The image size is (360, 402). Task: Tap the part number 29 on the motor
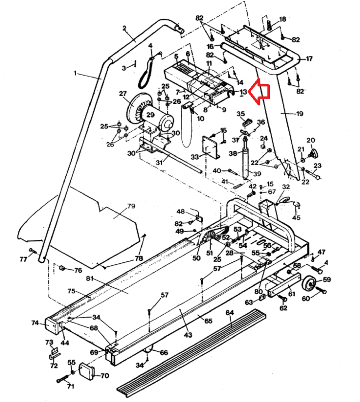pos(151,115)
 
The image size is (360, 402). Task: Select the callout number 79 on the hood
pos(131,206)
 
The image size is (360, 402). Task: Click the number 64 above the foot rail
pos(230,313)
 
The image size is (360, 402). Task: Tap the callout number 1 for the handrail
pos(75,73)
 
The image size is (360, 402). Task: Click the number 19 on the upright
pos(299,114)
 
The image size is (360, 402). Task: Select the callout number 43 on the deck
pos(188,335)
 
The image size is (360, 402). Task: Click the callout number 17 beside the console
pos(309,59)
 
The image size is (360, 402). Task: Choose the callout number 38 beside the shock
pos(233,153)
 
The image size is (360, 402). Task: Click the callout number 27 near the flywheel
pos(123,94)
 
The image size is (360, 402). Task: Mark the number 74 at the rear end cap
pos(35,323)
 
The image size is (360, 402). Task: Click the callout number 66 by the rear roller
pos(164,352)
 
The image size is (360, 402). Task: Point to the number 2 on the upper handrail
pos(124,28)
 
